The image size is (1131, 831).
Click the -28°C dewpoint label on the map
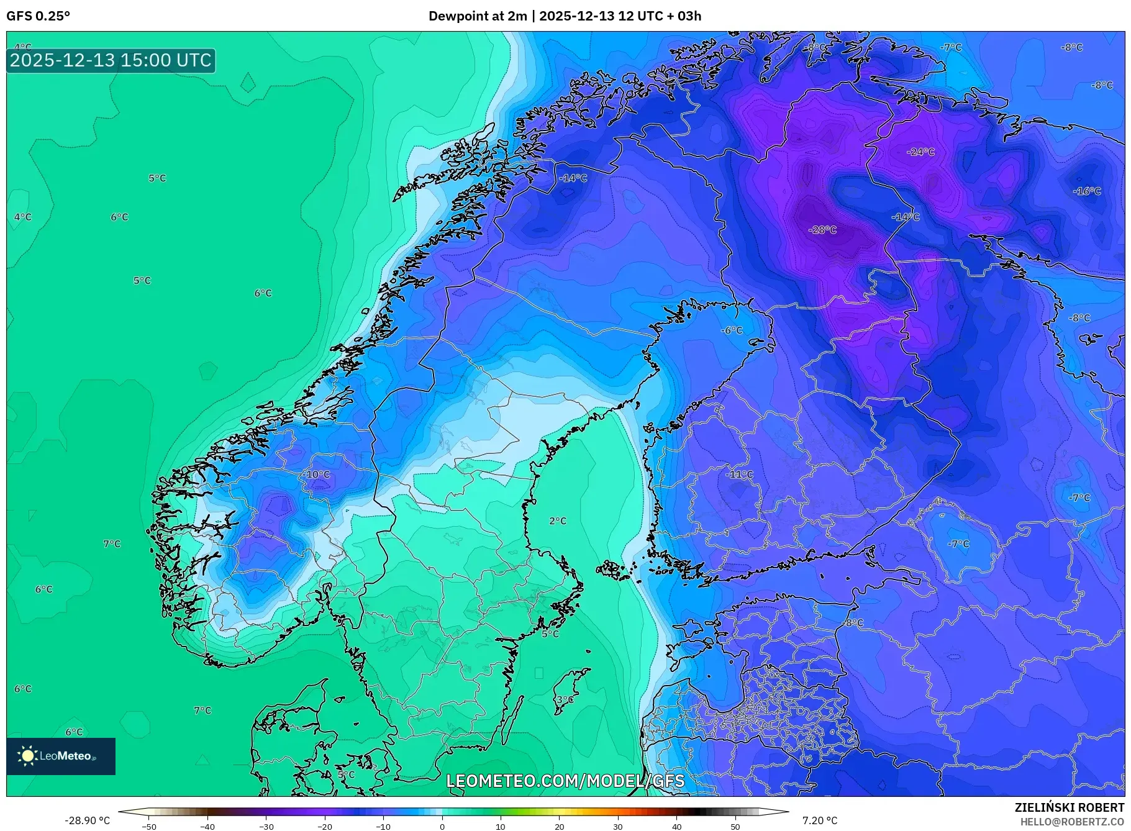coord(822,230)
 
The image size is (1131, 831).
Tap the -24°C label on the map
coord(920,152)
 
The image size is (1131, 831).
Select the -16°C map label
coord(1087,191)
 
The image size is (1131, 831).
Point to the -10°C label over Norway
coord(317,475)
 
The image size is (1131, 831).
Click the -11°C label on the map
coord(739,475)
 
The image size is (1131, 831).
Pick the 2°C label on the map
coord(558,521)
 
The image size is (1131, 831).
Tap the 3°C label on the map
coord(565,700)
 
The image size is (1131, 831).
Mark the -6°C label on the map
coord(732,330)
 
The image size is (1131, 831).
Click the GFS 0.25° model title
coord(39,16)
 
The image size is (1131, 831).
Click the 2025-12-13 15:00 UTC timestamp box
coord(111,60)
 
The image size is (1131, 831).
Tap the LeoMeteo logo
coord(61,756)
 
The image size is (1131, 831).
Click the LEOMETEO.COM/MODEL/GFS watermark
coord(565,781)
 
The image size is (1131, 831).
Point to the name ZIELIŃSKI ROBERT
coord(1069,807)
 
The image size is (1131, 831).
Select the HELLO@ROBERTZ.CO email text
coord(1072,822)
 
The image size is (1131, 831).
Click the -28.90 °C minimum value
coord(87,820)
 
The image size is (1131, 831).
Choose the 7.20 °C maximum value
coord(820,820)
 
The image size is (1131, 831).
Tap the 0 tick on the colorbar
coord(442,826)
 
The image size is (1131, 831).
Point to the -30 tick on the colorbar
coord(266,826)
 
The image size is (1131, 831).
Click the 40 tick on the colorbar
coord(676,826)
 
